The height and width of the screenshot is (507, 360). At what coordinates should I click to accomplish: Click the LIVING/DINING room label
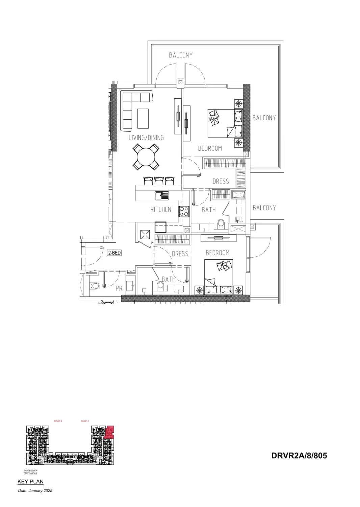[x=146, y=138]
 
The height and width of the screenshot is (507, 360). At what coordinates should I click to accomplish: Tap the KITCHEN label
[x=161, y=210]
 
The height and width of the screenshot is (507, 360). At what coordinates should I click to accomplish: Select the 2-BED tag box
[x=114, y=252]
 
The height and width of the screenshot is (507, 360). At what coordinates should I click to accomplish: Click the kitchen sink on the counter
[x=162, y=195]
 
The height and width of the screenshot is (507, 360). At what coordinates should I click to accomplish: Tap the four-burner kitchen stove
[x=184, y=211]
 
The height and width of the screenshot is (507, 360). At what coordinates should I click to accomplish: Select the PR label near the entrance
[x=119, y=289]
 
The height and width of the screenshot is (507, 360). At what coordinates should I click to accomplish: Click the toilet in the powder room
[x=95, y=286]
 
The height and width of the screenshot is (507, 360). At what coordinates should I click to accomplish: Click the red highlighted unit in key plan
[x=110, y=432]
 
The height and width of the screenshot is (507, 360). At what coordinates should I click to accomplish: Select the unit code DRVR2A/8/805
[x=299, y=456]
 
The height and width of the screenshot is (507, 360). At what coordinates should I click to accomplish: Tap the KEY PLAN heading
[x=30, y=482]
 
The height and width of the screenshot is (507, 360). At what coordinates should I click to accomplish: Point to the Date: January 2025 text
[x=35, y=490]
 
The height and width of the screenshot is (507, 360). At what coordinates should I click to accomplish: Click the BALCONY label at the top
[x=181, y=55]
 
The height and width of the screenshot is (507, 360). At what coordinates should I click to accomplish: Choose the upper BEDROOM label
[x=210, y=148]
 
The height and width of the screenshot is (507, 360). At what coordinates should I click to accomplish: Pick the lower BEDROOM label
[x=217, y=252]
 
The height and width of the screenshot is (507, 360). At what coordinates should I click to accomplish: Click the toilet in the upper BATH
[x=221, y=224]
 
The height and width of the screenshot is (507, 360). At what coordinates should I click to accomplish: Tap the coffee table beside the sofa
[x=143, y=118]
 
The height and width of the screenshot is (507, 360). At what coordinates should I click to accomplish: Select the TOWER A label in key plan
[x=85, y=421]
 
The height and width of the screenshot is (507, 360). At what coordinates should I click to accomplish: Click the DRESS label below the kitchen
[x=180, y=254]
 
